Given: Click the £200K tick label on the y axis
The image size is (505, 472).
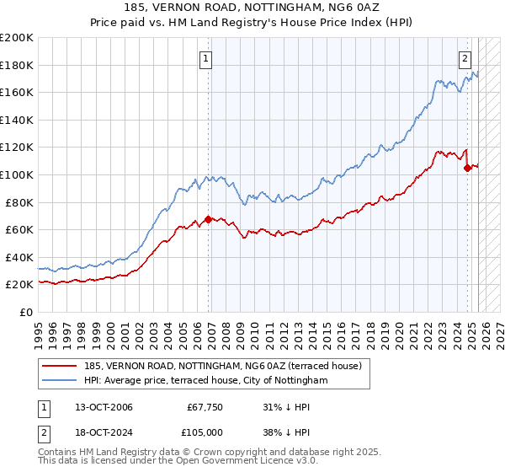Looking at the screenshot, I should point(17,38).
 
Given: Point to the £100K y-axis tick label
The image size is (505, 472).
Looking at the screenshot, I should point(17,174).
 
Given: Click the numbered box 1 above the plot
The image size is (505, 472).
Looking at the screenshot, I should point(206,58).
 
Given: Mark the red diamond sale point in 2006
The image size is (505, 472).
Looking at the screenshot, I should point(208,219).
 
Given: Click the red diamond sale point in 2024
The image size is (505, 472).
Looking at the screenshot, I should point(468,169).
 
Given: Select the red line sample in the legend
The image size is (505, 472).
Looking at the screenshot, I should point(59,366).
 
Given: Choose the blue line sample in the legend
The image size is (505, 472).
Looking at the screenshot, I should point(59,381).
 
